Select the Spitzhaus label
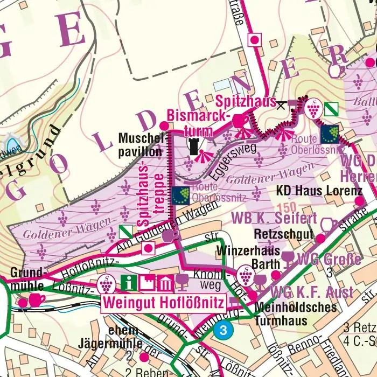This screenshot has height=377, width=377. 246,101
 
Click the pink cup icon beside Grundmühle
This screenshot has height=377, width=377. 37,299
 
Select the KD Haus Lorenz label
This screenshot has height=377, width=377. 319,191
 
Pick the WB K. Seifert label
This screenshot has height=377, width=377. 274,218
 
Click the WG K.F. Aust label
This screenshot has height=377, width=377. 312,293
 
